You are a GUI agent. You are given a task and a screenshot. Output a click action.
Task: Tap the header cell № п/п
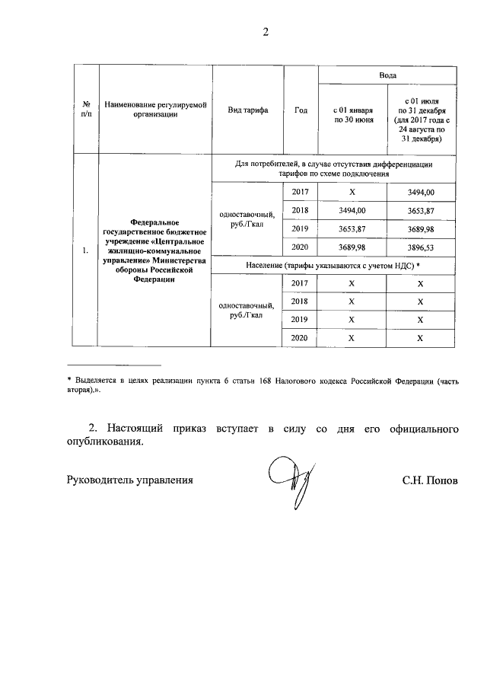click(x=85, y=110)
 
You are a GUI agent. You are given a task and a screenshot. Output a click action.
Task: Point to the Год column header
click(x=301, y=110)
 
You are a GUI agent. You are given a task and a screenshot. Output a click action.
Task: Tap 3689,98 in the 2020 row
click(x=352, y=247)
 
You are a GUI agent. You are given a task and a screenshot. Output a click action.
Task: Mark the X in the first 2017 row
click(x=352, y=192)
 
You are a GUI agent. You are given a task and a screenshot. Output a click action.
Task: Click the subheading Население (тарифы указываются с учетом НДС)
click(x=333, y=265)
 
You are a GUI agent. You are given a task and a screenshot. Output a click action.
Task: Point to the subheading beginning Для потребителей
click(x=333, y=168)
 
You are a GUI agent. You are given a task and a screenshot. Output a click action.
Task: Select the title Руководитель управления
click(x=130, y=480)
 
